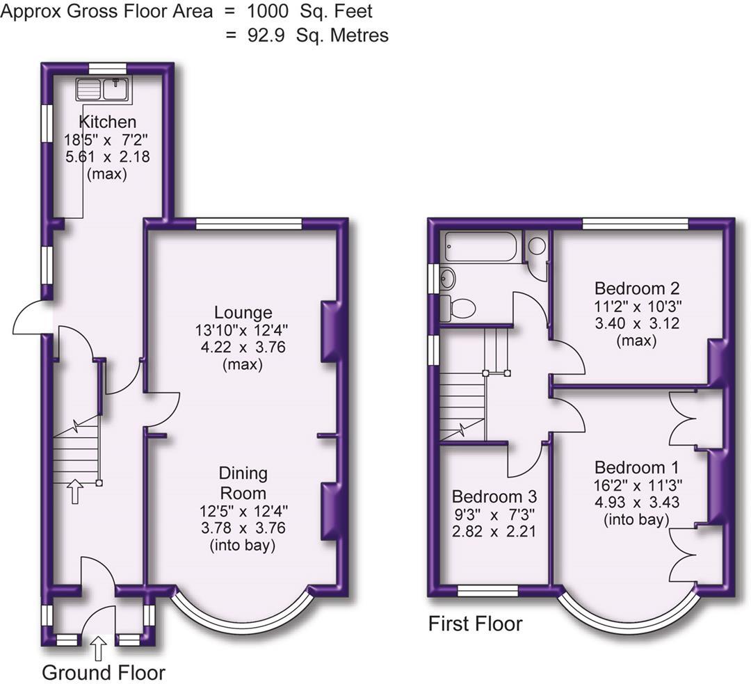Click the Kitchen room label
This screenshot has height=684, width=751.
coord(107,122)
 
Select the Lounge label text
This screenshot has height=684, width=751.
coord(243,313)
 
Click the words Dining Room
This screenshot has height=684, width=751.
coord(243,483)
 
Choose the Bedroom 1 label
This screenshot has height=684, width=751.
coord(637,467)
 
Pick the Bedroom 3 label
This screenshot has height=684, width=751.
coord(494,497)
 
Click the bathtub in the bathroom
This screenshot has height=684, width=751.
coord(481,247)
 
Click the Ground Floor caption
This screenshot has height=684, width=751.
coord(104,672)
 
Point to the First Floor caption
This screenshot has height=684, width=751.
coord(475,624)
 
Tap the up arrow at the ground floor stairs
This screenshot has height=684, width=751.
coord(74,493)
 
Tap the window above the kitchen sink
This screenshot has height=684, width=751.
coord(107,68)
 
